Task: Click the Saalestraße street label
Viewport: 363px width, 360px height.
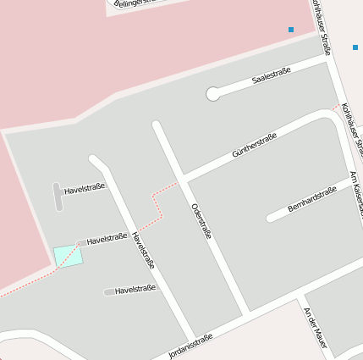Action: pos(272,75)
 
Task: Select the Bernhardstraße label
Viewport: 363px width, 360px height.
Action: pos(312,197)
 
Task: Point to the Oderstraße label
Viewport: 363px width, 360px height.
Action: pos(201,220)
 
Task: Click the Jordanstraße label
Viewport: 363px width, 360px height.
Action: pos(191,346)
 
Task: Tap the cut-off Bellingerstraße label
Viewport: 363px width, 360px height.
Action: pos(135,3)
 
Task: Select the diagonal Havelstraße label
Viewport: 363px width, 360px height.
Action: pos(143,250)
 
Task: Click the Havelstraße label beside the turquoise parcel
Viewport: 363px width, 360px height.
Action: pos(107,240)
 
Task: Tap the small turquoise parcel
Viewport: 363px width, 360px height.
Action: pos(69,255)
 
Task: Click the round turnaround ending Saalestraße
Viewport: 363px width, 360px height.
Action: pos(213,94)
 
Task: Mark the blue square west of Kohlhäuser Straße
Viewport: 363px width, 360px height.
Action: pos(291,30)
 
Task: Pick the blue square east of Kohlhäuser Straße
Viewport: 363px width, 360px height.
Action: pos(355,47)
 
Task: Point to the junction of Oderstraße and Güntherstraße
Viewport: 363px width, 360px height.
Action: pos(183,179)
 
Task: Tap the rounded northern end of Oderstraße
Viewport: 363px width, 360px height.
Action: pos(157,127)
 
